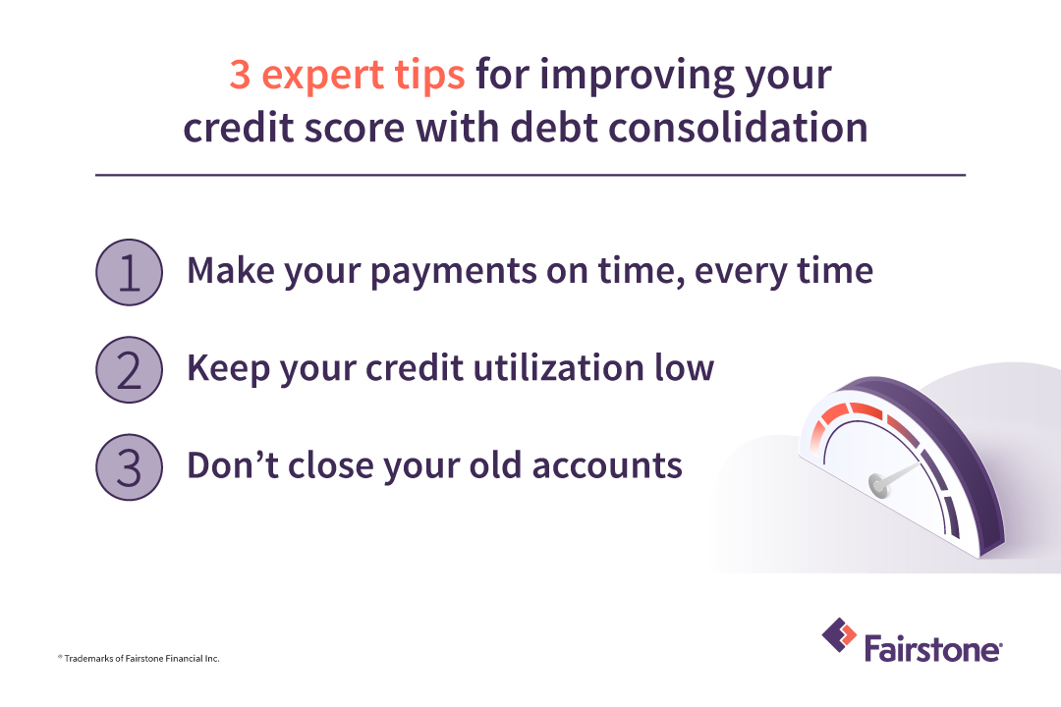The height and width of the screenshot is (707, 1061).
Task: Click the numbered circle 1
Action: point(130,272)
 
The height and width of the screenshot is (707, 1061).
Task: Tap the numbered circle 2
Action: point(130,369)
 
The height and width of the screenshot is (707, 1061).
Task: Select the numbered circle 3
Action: point(130,465)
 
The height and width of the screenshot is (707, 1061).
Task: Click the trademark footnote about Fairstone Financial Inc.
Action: point(138,658)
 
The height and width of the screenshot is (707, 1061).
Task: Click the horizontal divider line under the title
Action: point(530,176)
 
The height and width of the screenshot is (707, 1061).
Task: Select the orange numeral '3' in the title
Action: point(240,77)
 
